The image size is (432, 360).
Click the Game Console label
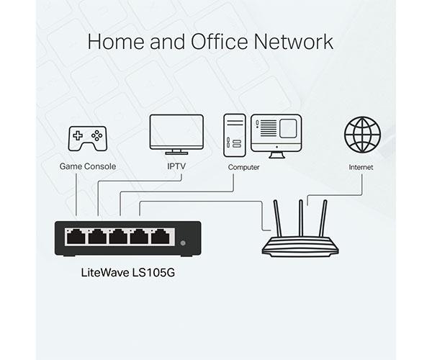pos(88,167)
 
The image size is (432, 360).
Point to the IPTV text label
pos(176,167)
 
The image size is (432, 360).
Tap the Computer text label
pos(244,167)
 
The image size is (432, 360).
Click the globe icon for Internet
pos(361,134)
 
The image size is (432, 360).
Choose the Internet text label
pos(361,167)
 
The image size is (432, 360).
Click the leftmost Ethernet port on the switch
pos(76,236)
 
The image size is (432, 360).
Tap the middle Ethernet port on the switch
pos(119,236)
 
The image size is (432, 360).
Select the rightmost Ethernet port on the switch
pos(162,236)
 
